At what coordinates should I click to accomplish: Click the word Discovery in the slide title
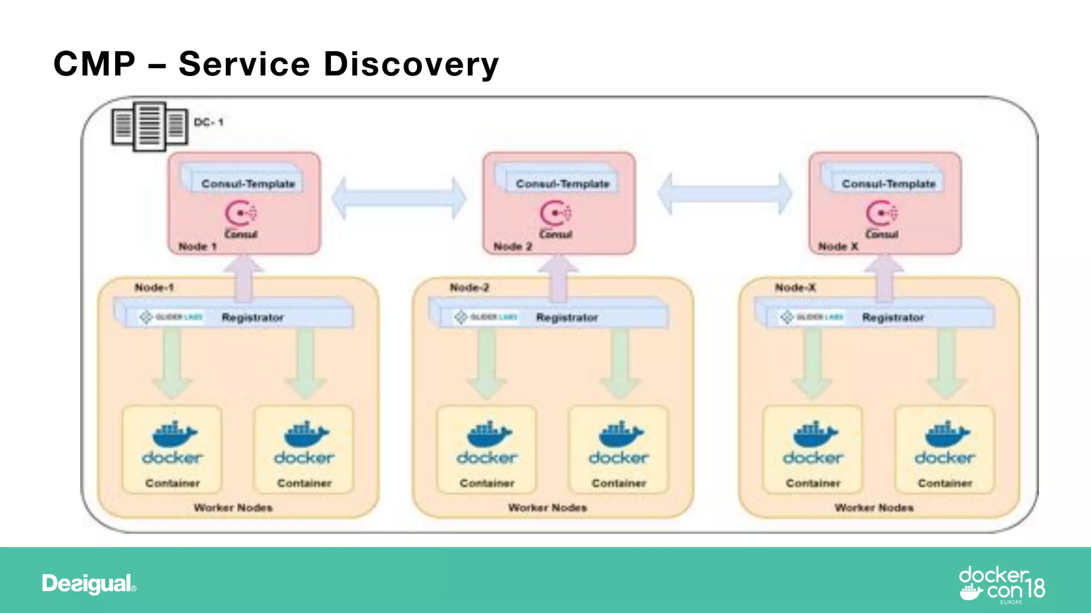411,64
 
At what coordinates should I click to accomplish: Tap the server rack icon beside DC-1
150,127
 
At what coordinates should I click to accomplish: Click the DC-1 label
208,122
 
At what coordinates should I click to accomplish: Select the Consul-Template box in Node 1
248,183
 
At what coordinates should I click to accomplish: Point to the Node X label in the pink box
838,246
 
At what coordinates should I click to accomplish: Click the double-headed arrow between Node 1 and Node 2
398,198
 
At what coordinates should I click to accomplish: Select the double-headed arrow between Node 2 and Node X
724,194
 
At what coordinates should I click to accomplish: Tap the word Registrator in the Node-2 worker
567,318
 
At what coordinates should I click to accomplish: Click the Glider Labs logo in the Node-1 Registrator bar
170,317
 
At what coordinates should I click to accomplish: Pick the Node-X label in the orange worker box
795,287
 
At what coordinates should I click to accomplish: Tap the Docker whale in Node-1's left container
174,434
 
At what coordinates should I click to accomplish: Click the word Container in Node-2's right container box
618,483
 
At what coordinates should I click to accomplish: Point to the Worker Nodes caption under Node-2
547,508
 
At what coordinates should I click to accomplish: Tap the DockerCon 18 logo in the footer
1002,584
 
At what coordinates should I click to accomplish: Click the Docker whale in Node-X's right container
947,434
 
